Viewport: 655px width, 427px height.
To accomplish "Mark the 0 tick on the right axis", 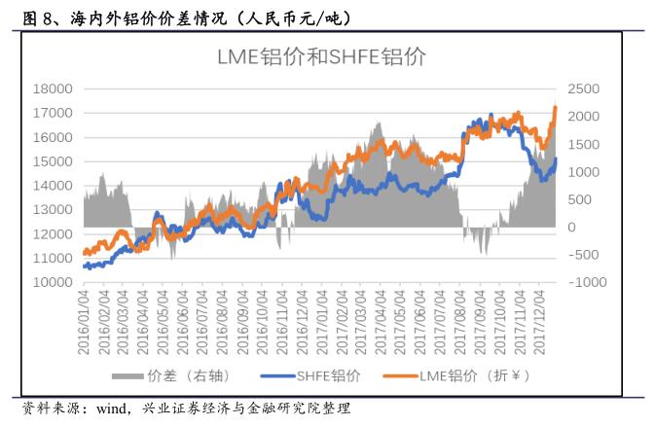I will coord(572,228).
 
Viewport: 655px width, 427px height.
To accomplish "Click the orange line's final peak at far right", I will coord(555,107).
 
